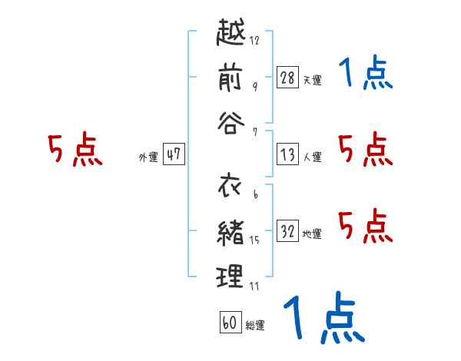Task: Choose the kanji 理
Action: tap(231, 275)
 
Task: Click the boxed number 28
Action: tap(288, 77)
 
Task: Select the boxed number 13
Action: tap(288, 154)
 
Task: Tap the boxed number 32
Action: tap(288, 231)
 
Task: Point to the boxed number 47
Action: tap(174, 154)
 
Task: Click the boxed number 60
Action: tap(230, 323)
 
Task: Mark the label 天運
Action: tap(312, 80)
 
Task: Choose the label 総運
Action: tap(254, 326)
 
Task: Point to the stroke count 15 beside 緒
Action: tap(256, 240)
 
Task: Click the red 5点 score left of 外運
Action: tap(75, 151)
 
